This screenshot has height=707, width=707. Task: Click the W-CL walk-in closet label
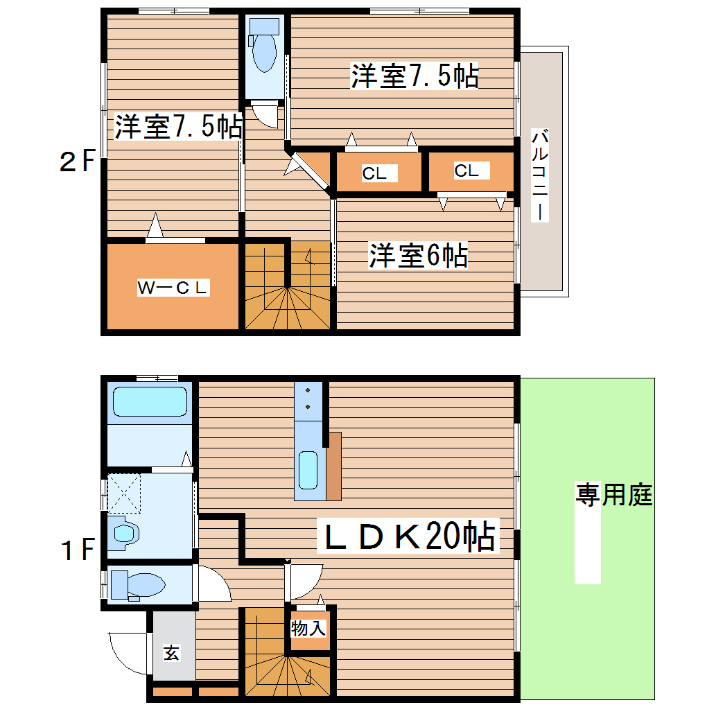(x=173, y=287)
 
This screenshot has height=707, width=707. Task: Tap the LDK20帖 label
(x=408, y=536)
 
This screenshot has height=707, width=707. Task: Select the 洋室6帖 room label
(x=418, y=256)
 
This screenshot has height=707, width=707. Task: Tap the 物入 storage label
(x=308, y=629)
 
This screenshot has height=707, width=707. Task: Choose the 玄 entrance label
(x=171, y=653)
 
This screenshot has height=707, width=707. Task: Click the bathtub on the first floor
(x=150, y=401)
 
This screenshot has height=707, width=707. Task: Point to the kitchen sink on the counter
(x=308, y=469)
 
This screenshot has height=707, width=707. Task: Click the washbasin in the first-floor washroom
(x=125, y=533)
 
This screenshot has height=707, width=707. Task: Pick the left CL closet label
(x=374, y=173)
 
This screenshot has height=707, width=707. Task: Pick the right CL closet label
(x=467, y=170)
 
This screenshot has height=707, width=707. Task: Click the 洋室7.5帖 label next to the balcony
(x=414, y=76)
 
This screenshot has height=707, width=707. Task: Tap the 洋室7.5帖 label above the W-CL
(x=178, y=127)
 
